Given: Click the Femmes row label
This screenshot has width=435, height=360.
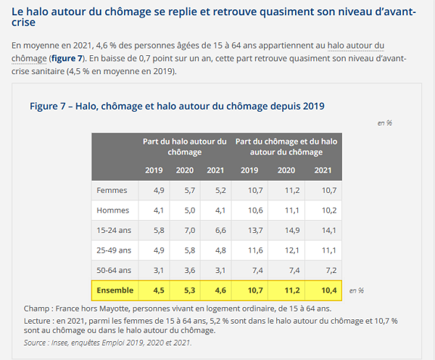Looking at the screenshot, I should coord(112,190).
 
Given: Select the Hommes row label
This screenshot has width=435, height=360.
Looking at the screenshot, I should coord(112,210).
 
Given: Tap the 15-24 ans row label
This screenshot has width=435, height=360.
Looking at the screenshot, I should coord(115,230).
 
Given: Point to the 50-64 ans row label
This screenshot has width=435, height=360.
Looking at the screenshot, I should coord(115,270).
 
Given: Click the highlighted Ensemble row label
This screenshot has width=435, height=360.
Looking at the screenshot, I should coord(114,290).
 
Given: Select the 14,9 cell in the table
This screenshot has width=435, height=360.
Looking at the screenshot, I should coord(286,230).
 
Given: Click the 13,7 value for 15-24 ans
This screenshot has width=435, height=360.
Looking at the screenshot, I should coord(250,230).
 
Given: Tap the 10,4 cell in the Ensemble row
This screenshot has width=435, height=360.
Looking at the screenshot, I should coord(323,290).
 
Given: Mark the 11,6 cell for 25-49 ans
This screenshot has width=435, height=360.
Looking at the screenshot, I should coord(250,250).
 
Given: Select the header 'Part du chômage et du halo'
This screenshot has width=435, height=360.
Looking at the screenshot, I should coord(286,146).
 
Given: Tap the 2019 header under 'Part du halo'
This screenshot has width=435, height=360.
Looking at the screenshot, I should coord(153,171).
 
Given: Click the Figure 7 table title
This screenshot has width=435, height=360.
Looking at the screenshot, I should coord(177,106).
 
